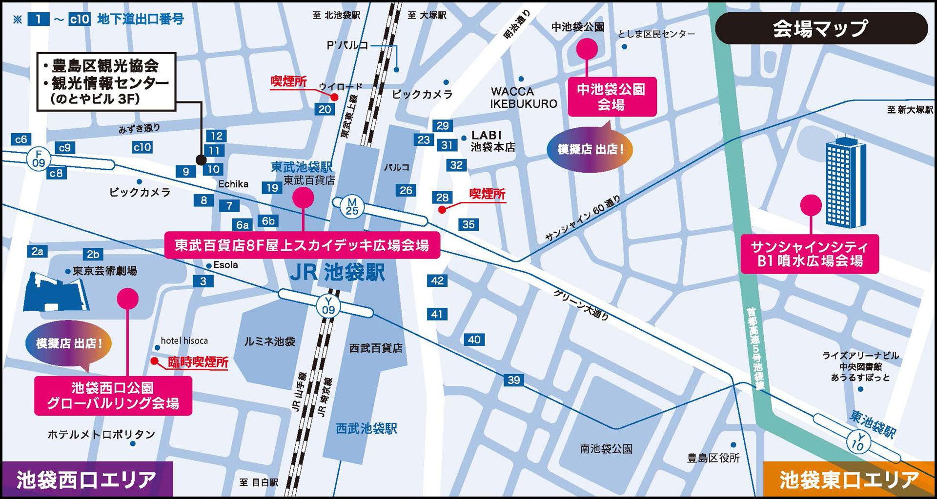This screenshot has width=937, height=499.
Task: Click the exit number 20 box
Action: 325,109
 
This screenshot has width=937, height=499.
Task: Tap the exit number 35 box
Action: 468,224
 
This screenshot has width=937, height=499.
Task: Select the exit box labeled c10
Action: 142,147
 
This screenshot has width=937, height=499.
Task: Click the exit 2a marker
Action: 38,252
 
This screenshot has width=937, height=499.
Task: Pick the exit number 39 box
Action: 513,380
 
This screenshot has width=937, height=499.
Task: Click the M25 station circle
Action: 352,206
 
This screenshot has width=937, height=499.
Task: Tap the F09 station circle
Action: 39,159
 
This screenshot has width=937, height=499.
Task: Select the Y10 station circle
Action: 857,441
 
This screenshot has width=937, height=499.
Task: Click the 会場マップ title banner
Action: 821,28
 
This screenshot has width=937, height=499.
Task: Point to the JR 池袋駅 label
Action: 337,273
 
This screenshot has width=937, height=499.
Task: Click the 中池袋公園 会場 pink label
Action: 611,97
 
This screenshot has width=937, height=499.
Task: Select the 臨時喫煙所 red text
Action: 198,362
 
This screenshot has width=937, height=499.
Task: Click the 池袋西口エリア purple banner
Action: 86,479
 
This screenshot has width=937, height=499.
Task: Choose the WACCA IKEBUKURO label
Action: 523,98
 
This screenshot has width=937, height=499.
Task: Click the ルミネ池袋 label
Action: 269,341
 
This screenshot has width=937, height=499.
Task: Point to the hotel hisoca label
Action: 184,340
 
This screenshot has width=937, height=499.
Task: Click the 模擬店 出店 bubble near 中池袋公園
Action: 590,149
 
